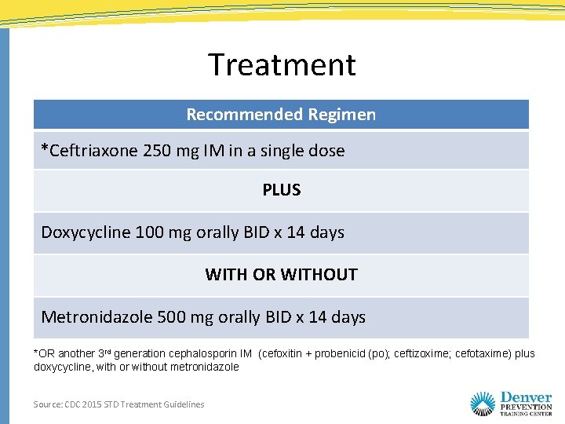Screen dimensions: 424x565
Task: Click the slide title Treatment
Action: (x=282, y=64)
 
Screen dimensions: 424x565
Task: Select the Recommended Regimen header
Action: (x=281, y=115)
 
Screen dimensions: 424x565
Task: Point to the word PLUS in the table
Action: (x=281, y=190)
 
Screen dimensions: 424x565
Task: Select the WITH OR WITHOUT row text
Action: (x=281, y=275)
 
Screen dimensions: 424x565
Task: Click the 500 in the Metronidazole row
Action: (x=172, y=317)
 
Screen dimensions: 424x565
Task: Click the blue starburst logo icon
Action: (x=483, y=404)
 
